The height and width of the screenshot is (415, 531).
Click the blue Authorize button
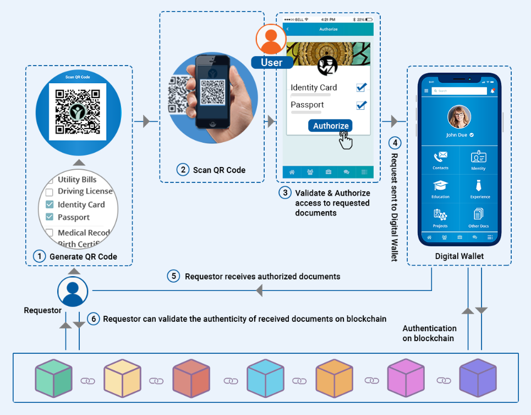coord(331,126)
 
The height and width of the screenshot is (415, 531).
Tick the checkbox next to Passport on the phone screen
coord(362,105)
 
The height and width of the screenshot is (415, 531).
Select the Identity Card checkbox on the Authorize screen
coord(362,87)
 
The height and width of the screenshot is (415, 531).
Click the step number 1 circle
coord(39,256)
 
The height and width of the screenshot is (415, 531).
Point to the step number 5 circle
coord(174,276)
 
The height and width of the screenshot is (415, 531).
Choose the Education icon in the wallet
coord(440,186)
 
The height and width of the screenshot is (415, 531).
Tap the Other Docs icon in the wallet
coord(478,214)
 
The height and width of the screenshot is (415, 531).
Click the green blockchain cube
coord(53,379)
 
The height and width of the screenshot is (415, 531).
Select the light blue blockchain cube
coord(265,379)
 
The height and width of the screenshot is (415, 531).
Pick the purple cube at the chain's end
coord(478,379)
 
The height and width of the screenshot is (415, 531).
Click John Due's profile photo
coord(459,116)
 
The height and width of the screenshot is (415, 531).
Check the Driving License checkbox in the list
coord(49,192)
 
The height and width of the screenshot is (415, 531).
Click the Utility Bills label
coord(77,180)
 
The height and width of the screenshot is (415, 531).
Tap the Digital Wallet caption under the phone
coord(459,256)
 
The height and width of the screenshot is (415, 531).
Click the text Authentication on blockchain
coord(429,333)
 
